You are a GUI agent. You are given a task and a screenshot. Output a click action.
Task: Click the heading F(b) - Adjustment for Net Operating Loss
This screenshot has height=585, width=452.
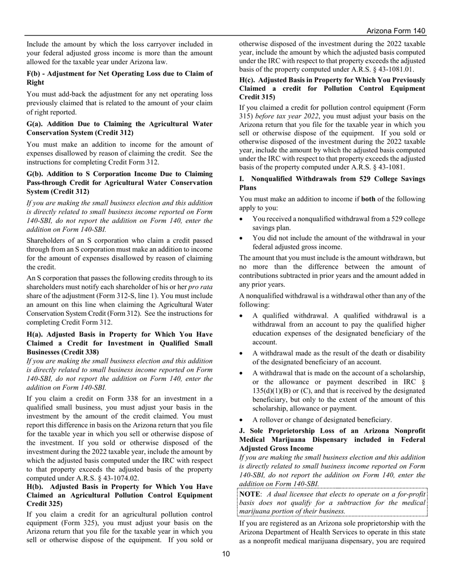click(x=119, y=78)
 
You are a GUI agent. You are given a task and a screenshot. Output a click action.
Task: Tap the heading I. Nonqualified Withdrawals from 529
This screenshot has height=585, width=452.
click(x=332, y=183)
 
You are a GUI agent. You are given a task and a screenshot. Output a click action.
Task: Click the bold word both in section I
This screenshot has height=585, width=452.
click(x=368, y=199)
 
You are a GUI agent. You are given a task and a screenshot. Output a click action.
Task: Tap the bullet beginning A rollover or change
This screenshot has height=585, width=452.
click(x=322, y=419)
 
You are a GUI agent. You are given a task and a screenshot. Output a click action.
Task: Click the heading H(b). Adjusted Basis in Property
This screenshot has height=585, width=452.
click(x=119, y=495)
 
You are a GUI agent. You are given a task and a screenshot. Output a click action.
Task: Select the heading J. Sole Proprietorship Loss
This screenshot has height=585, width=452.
click(x=332, y=439)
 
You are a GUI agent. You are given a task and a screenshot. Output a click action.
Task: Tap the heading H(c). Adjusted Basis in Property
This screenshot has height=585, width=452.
click(x=332, y=88)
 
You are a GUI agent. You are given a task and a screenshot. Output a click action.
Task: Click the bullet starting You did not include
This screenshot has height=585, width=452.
click(x=338, y=243)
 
